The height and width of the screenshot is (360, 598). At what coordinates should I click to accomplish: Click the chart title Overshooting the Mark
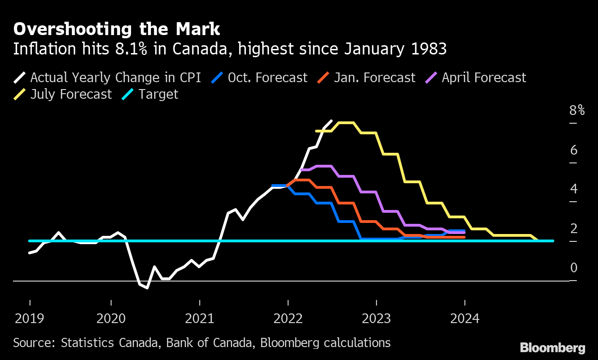pyautogui.click(x=117, y=29)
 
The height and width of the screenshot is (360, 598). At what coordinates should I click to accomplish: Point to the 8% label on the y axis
pyautogui.click(x=577, y=111)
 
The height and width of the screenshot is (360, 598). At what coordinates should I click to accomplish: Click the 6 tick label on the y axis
pyautogui.click(x=574, y=150)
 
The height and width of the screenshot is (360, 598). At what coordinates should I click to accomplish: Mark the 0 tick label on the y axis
pyautogui.click(x=574, y=268)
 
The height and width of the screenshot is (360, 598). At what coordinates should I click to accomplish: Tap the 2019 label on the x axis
pyautogui.click(x=30, y=318)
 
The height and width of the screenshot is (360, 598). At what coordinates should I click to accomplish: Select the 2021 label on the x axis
pyautogui.click(x=200, y=318)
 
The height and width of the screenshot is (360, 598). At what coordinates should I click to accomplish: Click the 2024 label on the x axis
pyautogui.click(x=465, y=318)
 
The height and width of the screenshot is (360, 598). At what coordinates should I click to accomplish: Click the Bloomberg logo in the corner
pyautogui.click(x=552, y=348)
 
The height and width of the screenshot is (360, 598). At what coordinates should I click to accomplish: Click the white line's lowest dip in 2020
pyautogui.click(x=147, y=288)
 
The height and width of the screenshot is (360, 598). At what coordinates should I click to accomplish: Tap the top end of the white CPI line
pyautogui.click(x=331, y=120)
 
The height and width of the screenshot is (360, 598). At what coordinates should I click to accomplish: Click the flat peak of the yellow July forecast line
pyautogui.click(x=346, y=123)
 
